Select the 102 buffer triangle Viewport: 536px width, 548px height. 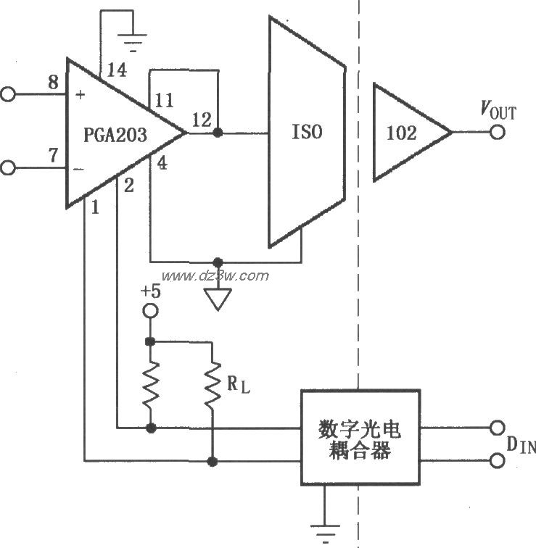[x=406, y=133]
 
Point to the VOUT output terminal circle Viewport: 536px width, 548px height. [x=497, y=133]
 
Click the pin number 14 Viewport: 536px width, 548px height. [x=116, y=70]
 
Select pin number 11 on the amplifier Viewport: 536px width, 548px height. [x=164, y=100]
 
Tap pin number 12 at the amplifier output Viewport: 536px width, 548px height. [x=203, y=119]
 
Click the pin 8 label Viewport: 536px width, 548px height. [x=53, y=82]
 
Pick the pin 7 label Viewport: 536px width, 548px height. [x=53, y=155]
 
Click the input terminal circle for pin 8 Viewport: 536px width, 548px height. [x=8, y=94]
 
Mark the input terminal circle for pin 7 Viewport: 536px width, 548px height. [x=8, y=167]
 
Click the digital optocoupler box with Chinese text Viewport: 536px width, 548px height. [x=360, y=436]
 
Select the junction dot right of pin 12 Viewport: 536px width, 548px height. [x=218, y=133]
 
